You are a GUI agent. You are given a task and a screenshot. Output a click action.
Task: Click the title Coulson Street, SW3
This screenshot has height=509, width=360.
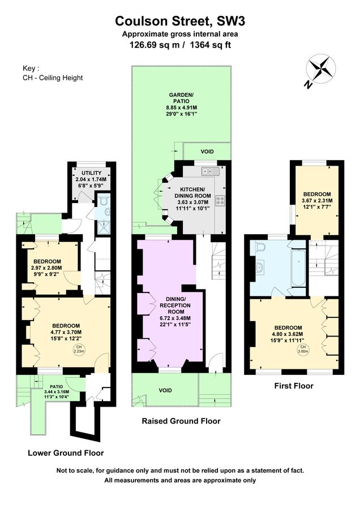point(180,21)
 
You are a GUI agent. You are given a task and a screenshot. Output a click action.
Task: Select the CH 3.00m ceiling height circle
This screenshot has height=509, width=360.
point(303,348)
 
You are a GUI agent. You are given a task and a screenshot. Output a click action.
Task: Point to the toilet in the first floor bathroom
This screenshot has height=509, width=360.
point(260,248)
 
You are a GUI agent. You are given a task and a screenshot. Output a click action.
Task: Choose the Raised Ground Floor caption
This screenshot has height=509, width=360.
point(181,421)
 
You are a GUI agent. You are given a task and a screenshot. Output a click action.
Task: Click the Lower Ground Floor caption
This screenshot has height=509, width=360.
point(66,453)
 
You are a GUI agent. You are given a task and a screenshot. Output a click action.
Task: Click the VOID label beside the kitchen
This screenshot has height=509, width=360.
point(208,152)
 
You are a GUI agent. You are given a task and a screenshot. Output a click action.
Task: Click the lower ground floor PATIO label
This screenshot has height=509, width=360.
point(55,387)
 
